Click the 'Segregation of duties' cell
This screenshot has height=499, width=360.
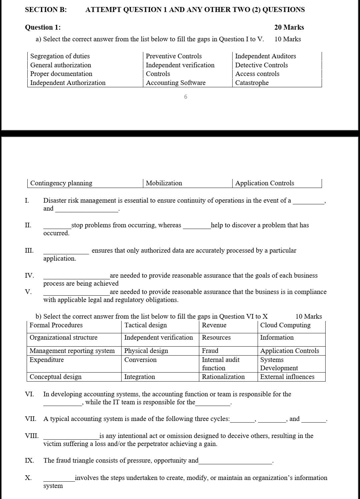60,56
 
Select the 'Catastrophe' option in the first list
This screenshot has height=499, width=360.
252,83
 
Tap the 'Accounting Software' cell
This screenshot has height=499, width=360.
176,83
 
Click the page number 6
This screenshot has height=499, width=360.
186,97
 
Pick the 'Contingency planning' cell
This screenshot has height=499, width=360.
61,183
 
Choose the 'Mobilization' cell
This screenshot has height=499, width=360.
164,183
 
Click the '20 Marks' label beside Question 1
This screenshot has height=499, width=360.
289,27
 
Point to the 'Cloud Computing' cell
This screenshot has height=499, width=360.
285,325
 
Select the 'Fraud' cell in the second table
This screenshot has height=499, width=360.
210,351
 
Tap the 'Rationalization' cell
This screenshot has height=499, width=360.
223,377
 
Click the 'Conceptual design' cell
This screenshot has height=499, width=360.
56,377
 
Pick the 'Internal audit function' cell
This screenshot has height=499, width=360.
221,364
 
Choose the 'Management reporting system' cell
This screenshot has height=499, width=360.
72,351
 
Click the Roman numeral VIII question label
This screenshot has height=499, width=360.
32,436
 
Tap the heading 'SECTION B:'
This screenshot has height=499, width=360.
46,10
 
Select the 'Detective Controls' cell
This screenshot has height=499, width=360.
261,65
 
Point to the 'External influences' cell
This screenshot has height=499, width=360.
287,377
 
